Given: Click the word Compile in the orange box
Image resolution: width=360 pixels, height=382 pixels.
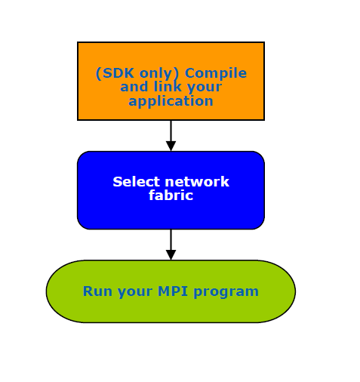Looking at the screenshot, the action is (x=216, y=74).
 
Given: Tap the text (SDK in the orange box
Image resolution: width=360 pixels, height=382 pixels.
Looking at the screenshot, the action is (x=115, y=73).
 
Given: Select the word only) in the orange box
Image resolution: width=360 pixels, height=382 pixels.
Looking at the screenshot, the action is (x=159, y=73).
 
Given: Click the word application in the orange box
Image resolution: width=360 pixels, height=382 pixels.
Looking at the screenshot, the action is (x=171, y=102).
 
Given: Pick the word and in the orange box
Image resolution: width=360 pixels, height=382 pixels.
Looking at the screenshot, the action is (x=134, y=87).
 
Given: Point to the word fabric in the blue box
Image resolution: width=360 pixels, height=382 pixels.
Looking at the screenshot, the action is (x=171, y=195).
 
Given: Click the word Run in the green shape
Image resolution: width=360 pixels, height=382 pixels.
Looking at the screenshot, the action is (x=97, y=291).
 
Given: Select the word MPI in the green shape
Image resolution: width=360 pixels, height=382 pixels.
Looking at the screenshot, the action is (x=173, y=291).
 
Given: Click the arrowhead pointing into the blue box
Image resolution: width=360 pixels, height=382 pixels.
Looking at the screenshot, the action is (x=171, y=146).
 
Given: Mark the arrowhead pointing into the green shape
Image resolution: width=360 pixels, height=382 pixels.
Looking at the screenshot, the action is (x=171, y=255).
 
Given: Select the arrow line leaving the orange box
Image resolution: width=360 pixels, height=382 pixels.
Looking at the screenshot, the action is (x=171, y=131).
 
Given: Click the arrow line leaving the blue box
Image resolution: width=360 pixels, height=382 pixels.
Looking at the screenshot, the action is (x=171, y=239).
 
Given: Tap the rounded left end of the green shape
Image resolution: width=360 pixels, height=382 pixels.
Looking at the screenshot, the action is (x=47, y=291).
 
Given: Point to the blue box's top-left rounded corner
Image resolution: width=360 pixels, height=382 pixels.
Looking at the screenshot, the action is (x=81, y=155).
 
